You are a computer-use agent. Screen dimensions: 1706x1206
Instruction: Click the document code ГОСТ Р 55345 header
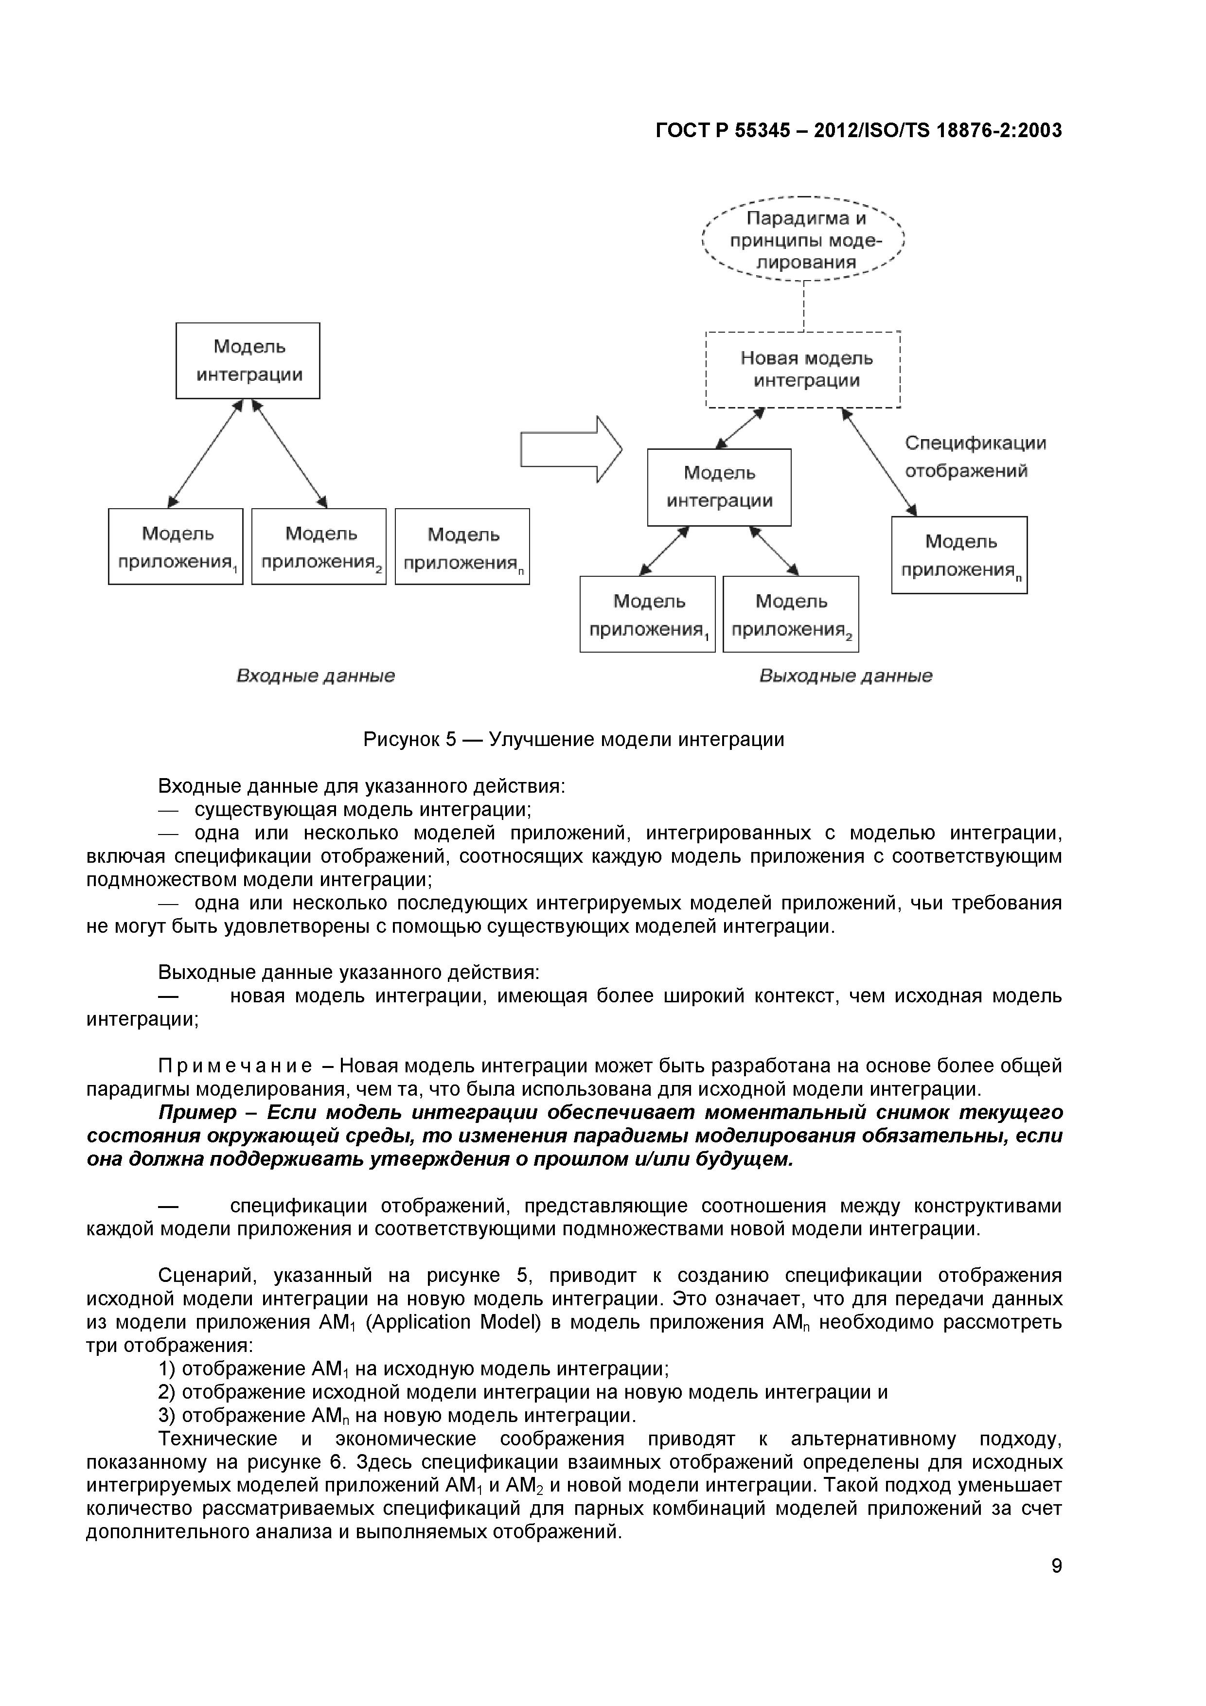click(x=858, y=131)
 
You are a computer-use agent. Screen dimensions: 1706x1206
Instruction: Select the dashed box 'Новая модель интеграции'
click(x=803, y=369)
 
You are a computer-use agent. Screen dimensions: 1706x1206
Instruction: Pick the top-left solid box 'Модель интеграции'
click(x=248, y=360)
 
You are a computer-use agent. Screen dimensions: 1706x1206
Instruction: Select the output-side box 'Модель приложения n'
click(x=959, y=555)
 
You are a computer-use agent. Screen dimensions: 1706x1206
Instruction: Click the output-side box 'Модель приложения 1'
click(x=647, y=615)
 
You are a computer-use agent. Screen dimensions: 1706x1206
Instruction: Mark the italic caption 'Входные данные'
click(x=315, y=676)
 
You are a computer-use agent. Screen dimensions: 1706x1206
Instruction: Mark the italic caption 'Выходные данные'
click(x=846, y=676)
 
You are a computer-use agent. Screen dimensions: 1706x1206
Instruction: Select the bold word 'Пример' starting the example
click(x=197, y=1112)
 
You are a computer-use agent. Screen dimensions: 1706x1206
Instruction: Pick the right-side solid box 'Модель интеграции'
click(x=719, y=487)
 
